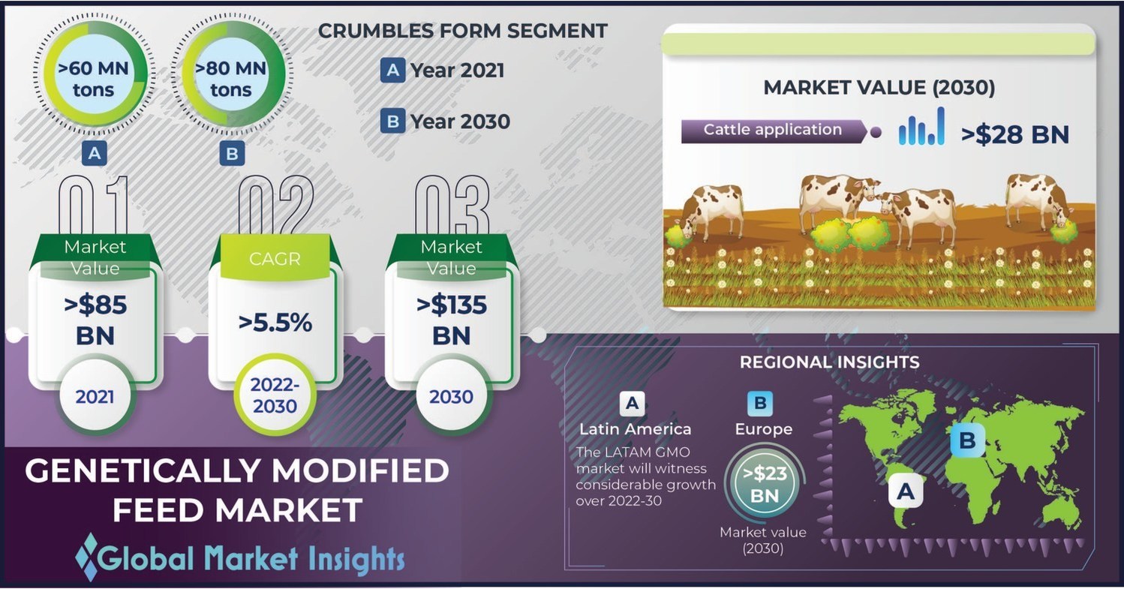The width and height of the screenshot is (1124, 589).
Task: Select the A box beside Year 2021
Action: pos(392,71)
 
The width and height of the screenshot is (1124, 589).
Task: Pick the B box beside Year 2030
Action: pos(392,121)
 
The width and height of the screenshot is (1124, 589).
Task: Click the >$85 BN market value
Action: pos(95,319)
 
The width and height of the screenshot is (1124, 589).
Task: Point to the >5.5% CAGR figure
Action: pos(275,323)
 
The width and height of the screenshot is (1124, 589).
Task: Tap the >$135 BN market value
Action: pos(451,319)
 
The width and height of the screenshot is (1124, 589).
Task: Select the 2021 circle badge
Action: pos(95,395)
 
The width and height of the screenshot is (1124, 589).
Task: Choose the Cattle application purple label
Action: pos(773,131)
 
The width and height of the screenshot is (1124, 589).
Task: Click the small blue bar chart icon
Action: pos(921,128)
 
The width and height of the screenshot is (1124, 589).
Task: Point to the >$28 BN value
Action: pos(1014,134)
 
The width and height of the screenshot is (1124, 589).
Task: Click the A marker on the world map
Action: pos(906,492)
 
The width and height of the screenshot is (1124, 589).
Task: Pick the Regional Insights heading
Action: pos(829,362)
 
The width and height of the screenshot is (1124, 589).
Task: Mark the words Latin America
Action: pos(635,429)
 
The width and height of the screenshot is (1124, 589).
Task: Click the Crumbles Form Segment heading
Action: pos(462,32)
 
